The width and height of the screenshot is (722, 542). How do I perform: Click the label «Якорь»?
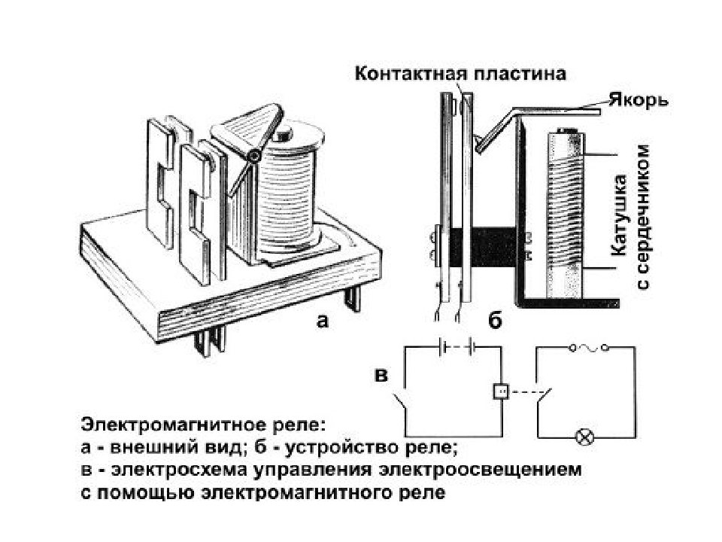point(639,100)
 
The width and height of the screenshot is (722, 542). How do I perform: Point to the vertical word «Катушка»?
point(619,215)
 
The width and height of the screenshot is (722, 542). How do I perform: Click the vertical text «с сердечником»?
point(643,217)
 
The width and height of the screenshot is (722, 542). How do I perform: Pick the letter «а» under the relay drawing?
point(323,321)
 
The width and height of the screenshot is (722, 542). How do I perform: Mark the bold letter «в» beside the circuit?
point(381,376)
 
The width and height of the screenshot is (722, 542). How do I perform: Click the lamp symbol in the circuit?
point(585,437)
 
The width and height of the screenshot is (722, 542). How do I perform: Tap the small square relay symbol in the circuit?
point(501,391)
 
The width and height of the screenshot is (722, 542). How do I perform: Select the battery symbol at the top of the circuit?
point(457,347)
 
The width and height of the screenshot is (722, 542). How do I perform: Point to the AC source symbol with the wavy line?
point(589,348)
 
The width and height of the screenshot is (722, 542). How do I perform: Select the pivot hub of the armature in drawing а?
point(253,157)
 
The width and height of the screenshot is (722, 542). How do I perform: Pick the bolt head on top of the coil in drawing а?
point(281,135)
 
